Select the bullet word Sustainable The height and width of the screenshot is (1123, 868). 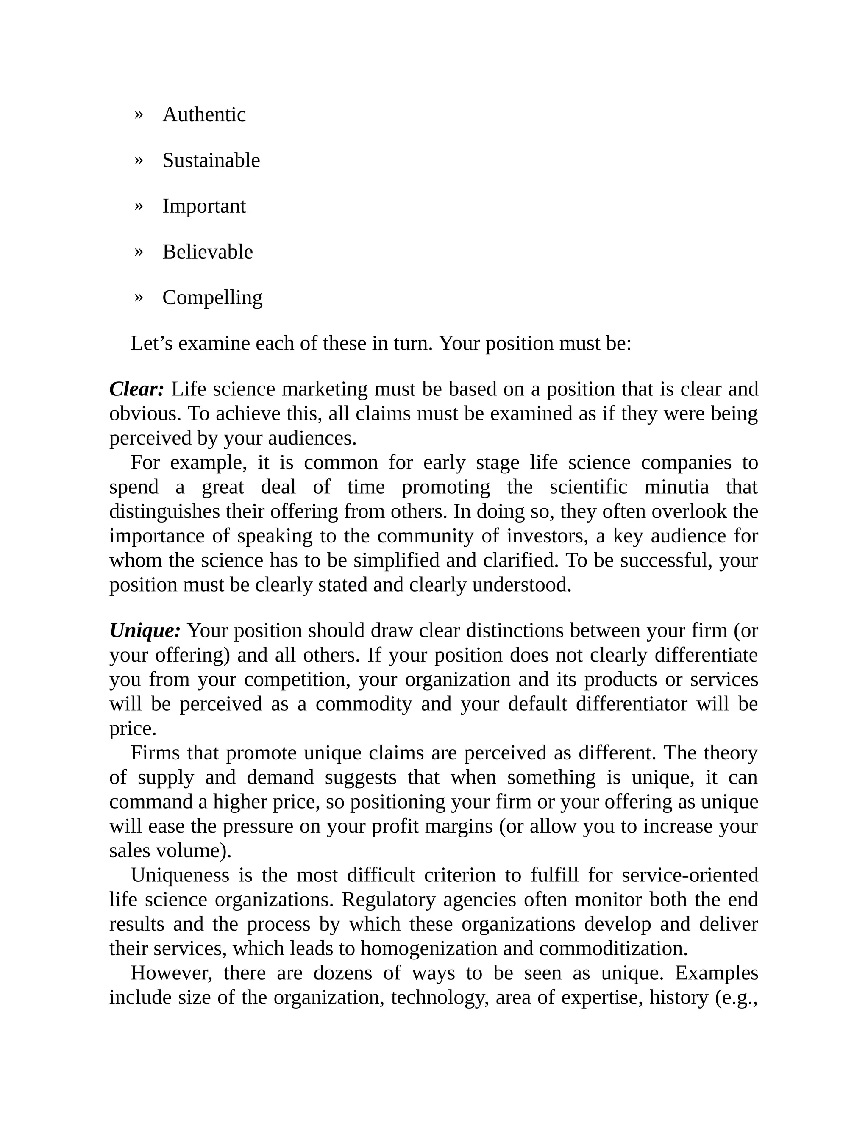pyautogui.click(x=211, y=161)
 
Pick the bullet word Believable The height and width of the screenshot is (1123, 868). pyautogui.click(x=207, y=252)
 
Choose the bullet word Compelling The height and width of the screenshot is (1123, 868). pyautogui.click(x=212, y=298)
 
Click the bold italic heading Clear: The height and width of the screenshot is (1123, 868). pyautogui.click(x=136, y=389)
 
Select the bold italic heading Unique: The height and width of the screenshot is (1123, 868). pyautogui.click(x=145, y=631)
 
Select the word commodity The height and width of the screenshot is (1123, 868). pyautogui.click(x=364, y=704)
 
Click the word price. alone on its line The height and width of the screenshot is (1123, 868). pyautogui.click(x=133, y=728)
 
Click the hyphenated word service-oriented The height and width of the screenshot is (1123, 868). pyautogui.click(x=690, y=875)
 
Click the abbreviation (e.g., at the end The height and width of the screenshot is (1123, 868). pyautogui.click(x=736, y=998)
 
